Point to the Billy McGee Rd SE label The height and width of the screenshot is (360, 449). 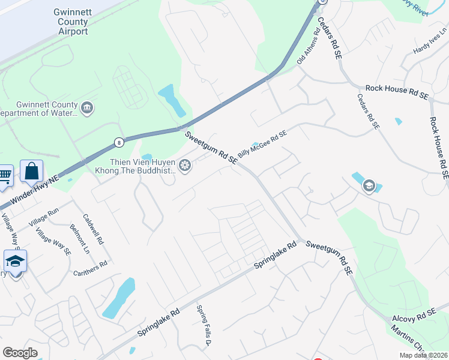262,145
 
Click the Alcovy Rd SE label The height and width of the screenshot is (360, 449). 414,316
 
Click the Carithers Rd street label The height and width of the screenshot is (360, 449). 91,268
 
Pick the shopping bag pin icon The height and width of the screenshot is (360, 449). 31,172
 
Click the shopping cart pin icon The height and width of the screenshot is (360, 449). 5,175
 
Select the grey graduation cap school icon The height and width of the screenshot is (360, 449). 368,186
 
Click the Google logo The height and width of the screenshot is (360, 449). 20,352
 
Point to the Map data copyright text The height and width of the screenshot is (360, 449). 423,355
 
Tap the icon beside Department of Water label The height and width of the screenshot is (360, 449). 88,109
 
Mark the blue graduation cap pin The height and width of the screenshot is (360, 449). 15,262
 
